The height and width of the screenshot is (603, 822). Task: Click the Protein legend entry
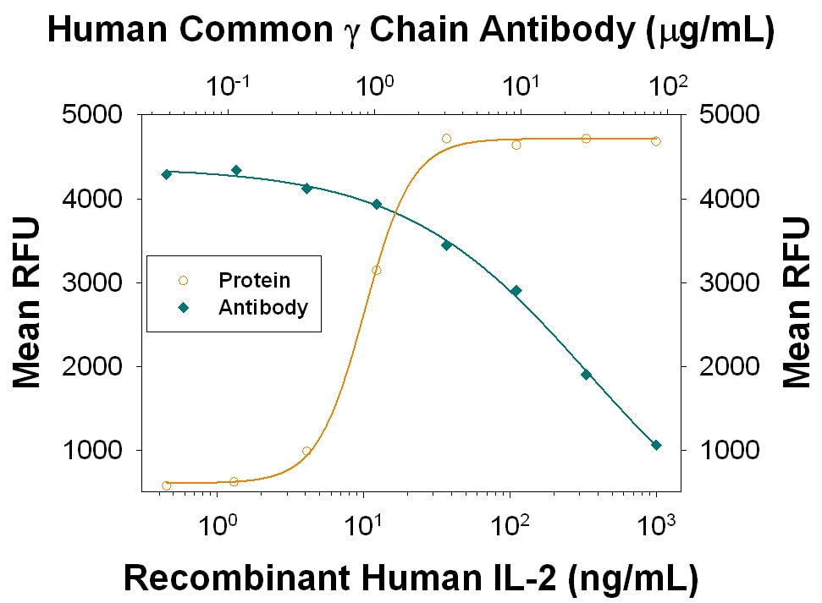click(x=254, y=280)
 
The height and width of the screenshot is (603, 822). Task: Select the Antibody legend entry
click(x=262, y=307)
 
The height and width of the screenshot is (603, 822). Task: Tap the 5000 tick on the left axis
click(x=93, y=115)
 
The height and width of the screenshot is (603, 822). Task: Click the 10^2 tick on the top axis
click(x=668, y=85)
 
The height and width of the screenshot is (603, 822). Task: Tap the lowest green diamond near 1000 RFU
click(x=656, y=445)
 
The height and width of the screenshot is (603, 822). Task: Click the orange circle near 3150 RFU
click(x=376, y=271)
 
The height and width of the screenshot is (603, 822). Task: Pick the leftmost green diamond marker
click(x=167, y=174)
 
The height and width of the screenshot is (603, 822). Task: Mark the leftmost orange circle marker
click(x=167, y=485)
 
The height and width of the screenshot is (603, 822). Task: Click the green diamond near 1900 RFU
click(x=586, y=374)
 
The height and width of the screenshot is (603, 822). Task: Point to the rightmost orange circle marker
click(x=656, y=141)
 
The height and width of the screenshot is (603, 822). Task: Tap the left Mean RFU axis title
click(x=28, y=302)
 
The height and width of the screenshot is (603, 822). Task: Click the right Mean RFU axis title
click(x=796, y=302)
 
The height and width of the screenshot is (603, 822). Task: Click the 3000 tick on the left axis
click(x=93, y=282)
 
